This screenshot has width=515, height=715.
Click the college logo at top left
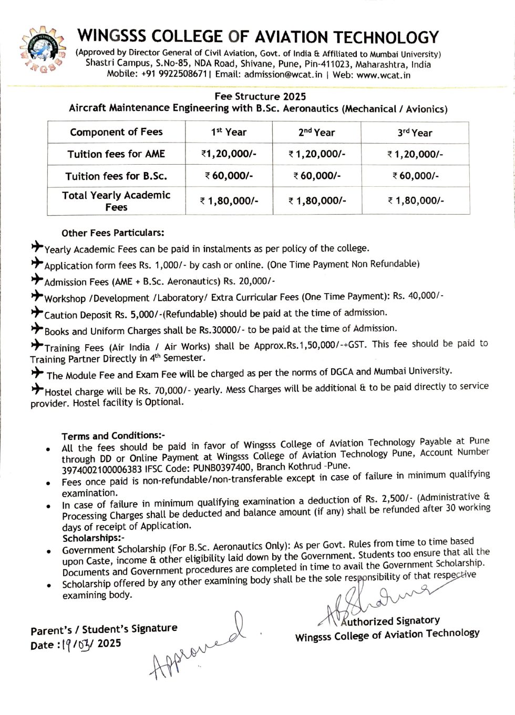pos(43,50)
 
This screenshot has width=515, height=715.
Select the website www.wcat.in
pos(383,75)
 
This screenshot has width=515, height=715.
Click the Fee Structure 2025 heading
pos(260,96)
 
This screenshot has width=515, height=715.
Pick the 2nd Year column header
pos(316,133)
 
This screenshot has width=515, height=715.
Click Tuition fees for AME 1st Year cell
pos(229,154)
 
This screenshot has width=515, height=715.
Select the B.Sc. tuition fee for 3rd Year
pos(415,176)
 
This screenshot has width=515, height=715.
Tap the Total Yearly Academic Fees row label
pos(116,200)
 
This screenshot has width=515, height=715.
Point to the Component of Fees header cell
pos(116,132)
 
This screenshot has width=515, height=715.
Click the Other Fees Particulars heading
pos(112,233)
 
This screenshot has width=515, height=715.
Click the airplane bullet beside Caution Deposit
pos(37,313)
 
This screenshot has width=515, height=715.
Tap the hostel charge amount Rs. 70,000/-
pos(166,391)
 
